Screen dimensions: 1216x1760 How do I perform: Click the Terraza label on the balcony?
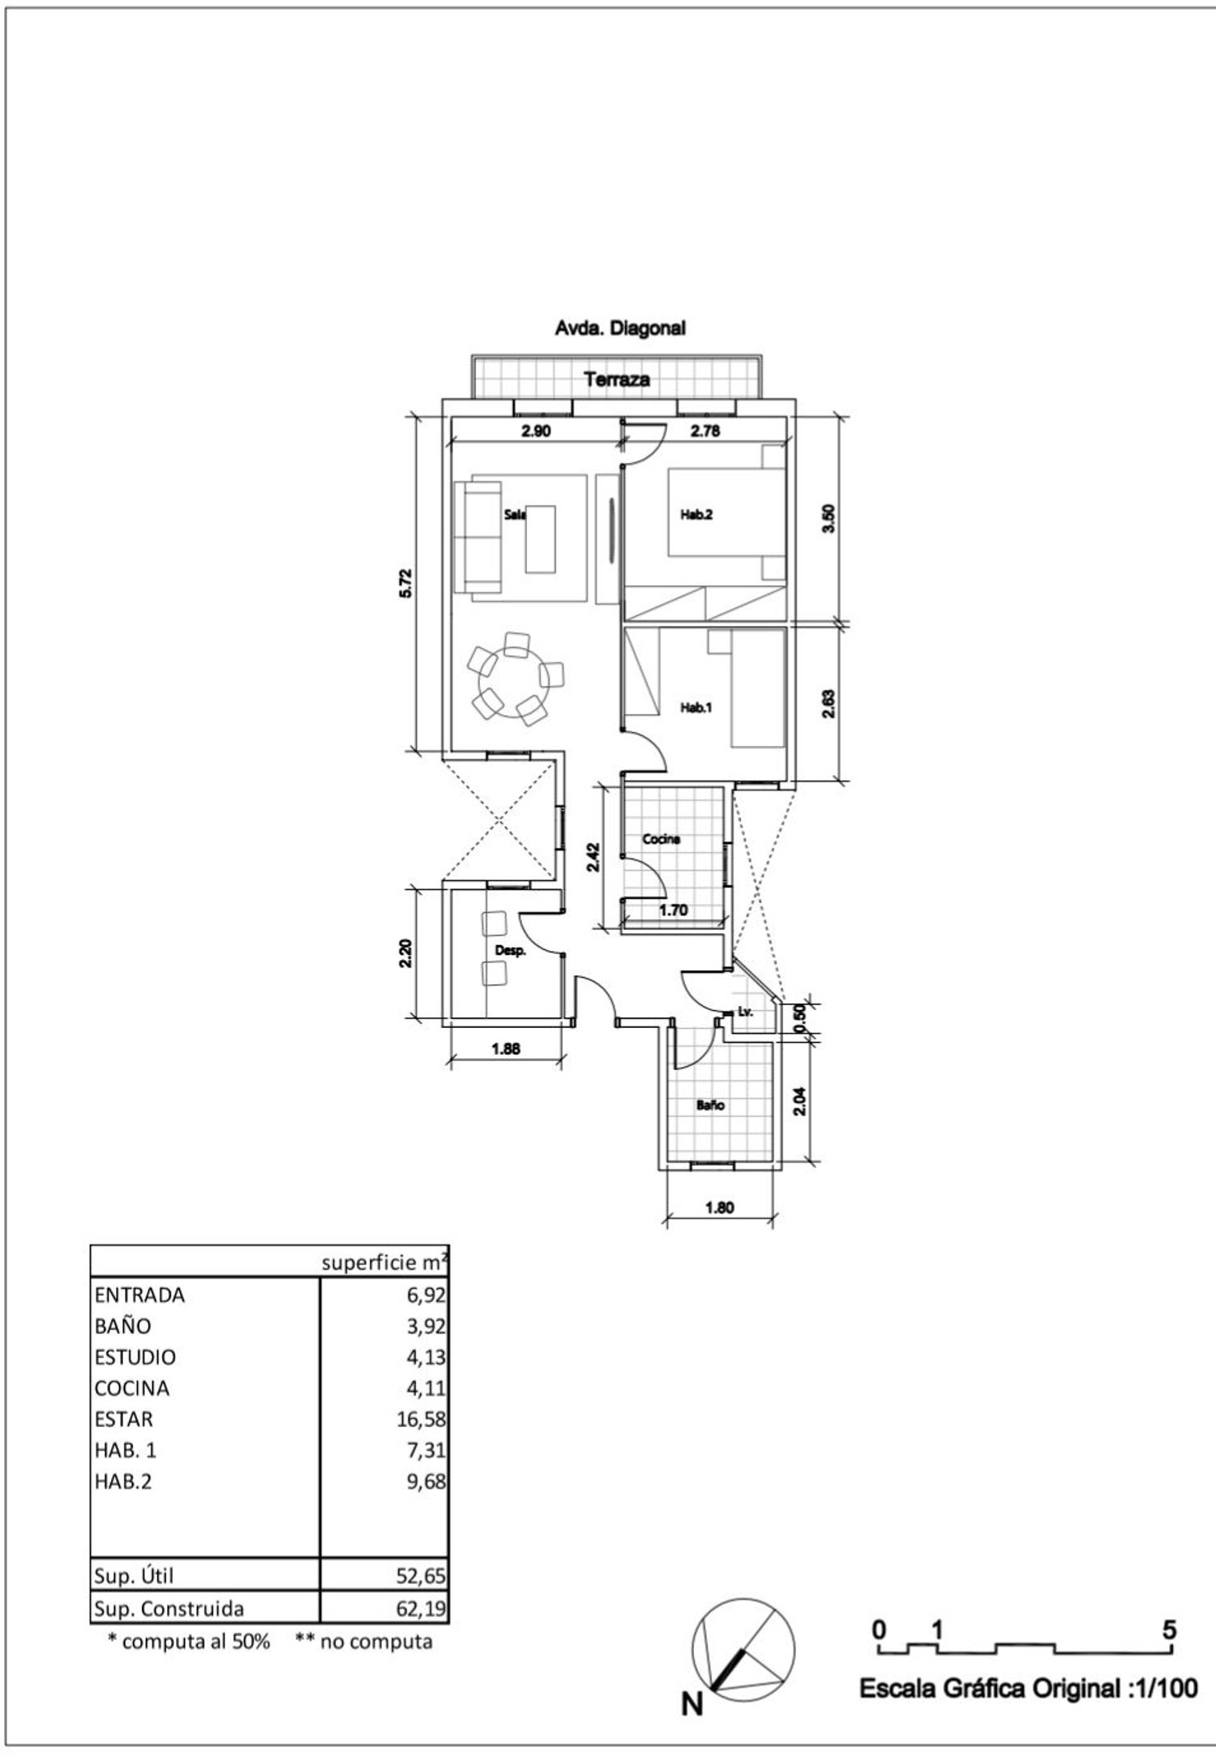coord(618,379)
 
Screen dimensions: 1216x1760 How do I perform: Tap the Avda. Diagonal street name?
coord(620,328)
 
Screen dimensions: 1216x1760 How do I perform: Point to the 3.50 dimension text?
coord(828,519)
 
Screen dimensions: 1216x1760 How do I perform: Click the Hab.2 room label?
coord(696,514)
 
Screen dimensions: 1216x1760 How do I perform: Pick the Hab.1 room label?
coord(696,708)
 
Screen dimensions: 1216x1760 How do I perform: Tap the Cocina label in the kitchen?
coord(661,839)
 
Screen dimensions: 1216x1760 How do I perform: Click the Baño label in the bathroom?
coord(710,1105)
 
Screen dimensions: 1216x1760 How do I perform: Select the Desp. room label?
coord(511,950)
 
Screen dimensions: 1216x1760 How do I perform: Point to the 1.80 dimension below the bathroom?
coord(720,1207)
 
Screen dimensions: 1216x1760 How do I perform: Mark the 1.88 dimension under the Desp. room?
coord(506,1048)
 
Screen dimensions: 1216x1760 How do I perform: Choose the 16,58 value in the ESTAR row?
coord(426,1420)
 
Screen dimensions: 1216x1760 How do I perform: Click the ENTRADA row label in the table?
coord(139,1295)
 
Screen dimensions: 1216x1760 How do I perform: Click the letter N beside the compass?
coord(691,1705)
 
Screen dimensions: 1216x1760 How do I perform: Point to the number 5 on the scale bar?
coord(1169,1629)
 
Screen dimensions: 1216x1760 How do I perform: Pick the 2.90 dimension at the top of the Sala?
coord(536,431)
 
